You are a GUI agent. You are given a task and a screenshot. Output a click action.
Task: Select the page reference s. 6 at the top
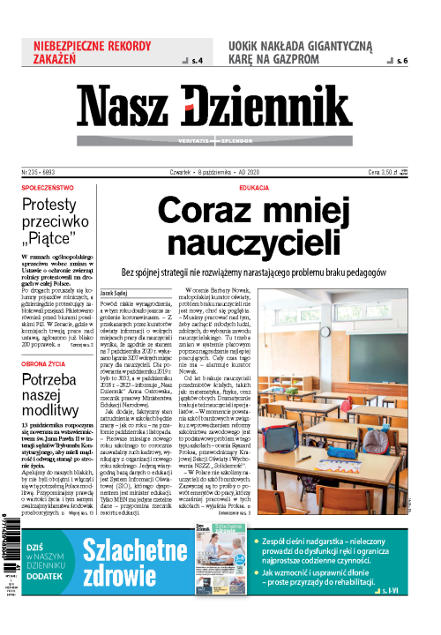pos(402,61)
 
